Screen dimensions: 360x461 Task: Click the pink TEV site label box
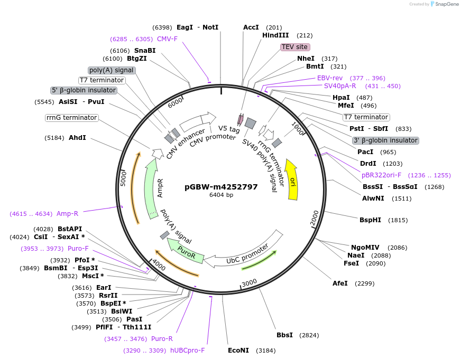294,47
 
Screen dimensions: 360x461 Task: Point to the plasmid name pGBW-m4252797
221,186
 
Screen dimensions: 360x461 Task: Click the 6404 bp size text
221,195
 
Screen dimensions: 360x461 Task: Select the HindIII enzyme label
275,35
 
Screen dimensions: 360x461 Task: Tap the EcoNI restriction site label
238,350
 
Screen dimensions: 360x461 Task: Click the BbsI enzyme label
284,335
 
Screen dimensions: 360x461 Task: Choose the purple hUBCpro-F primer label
187,350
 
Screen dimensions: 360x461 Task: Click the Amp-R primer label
67,214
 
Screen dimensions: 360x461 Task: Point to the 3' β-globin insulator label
385,140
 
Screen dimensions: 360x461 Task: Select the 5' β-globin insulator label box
84,90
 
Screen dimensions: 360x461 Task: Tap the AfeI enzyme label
340,283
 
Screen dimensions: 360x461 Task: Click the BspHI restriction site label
370,220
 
